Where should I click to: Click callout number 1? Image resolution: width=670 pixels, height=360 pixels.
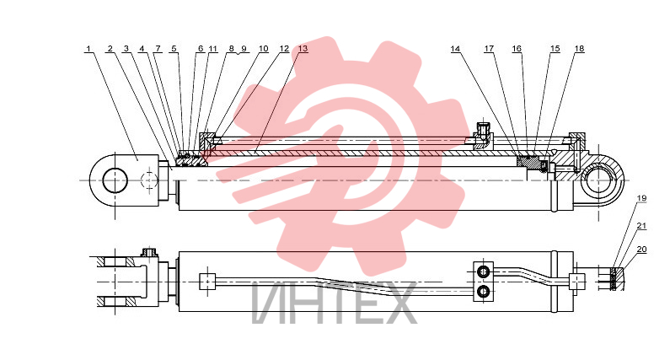(x=88, y=49)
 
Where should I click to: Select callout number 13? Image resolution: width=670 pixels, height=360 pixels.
(x=303, y=49)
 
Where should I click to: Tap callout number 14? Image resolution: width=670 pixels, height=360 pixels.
(x=455, y=49)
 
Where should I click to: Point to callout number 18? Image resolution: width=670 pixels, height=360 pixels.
(x=580, y=49)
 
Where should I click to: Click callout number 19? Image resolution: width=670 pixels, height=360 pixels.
(x=642, y=198)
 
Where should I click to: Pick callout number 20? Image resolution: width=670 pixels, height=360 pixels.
(x=642, y=250)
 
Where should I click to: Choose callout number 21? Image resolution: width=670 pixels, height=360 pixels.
(x=642, y=226)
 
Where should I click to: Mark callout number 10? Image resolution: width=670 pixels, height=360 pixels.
(x=264, y=49)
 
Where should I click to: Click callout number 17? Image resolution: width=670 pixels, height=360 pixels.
(x=489, y=49)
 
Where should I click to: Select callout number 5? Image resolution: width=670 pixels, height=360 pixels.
(x=174, y=49)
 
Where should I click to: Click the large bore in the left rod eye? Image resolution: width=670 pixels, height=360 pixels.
(x=115, y=180)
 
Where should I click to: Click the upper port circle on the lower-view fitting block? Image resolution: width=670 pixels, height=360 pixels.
(x=484, y=271)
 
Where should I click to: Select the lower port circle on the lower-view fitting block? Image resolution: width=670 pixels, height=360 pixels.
(x=484, y=292)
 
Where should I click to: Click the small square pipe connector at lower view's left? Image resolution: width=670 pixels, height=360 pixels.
(x=207, y=282)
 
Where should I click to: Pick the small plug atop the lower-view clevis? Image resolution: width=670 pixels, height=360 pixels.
(x=149, y=252)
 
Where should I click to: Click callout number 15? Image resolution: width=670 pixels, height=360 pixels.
(x=555, y=49)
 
